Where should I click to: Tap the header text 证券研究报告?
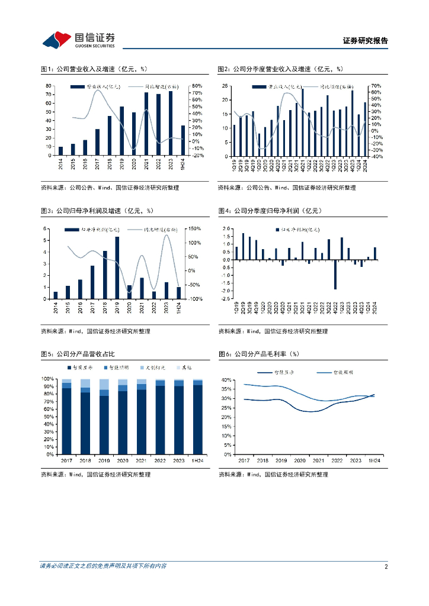point(365,41)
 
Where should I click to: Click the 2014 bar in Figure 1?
point(60,151)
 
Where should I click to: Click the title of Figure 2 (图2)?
point(280,69)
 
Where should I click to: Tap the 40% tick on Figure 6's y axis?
point(226,379)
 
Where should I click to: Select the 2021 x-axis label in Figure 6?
point(318,460)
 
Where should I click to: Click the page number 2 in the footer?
point(386,566)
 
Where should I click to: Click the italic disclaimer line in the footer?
point(103,566)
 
